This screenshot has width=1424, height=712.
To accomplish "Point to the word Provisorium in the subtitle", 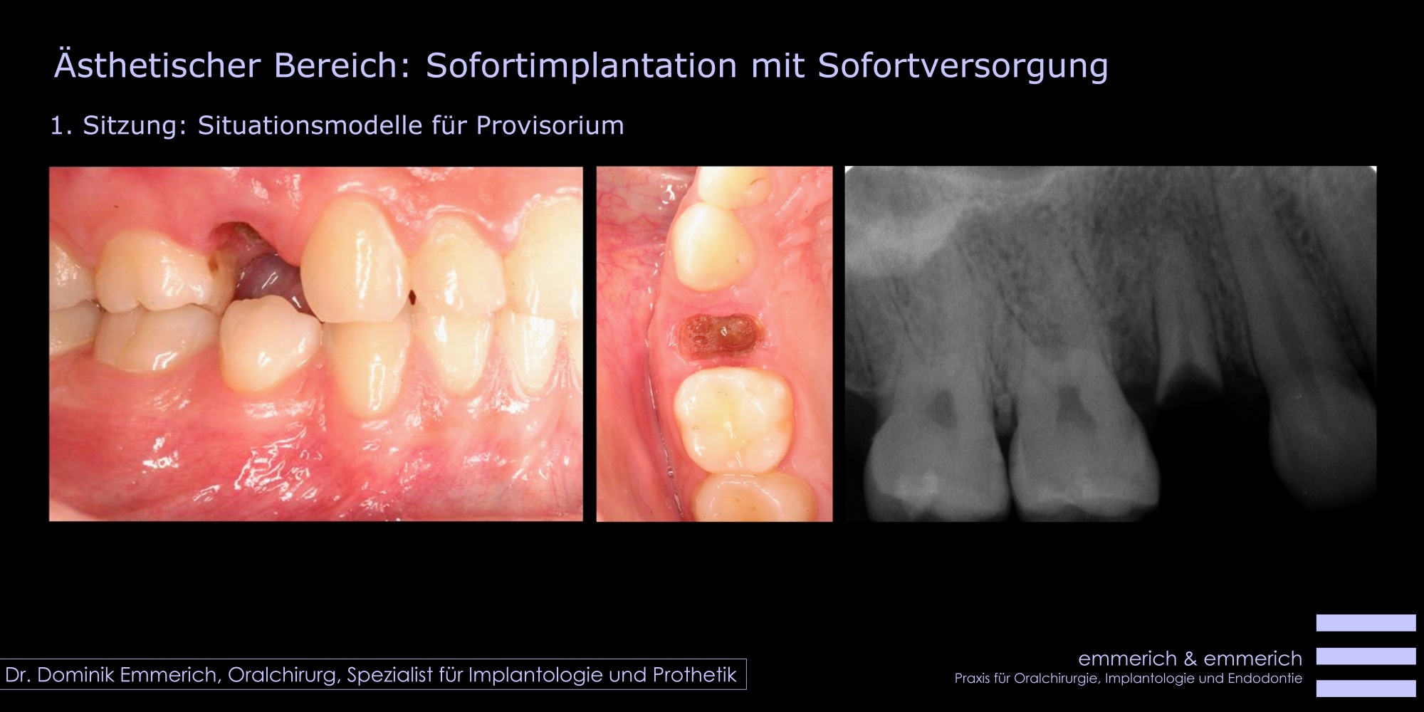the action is point(550,125).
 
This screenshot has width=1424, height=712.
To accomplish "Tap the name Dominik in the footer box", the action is point(76,675).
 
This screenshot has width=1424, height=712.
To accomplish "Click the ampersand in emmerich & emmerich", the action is point(1190,659).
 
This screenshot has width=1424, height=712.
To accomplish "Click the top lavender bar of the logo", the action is point(1366,623).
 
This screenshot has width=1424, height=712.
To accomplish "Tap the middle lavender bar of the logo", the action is point(1366,656).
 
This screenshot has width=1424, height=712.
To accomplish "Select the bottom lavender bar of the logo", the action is point(1366,689).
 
